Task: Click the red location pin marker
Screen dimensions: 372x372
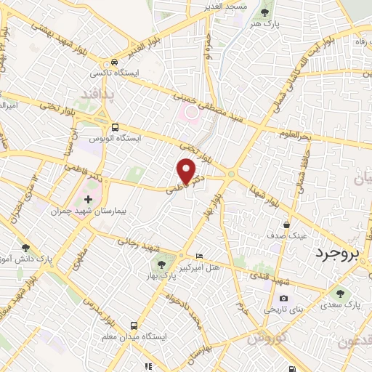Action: [x=187, y=172]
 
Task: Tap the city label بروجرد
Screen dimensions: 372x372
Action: [x=337, y=254]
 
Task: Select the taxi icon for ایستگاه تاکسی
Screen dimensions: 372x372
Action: [x=115, y=62]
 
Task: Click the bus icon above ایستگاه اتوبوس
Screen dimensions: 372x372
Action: [x=115, y=126]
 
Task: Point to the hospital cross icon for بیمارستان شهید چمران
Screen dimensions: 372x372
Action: [x=89, y=199]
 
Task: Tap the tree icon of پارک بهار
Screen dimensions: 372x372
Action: [x=161, y=262]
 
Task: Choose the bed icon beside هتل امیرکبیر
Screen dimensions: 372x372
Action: [x=201, y=256]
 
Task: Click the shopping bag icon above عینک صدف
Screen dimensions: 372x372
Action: [x=287, y=225]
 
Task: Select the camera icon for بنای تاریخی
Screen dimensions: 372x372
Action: [x=283, y=299]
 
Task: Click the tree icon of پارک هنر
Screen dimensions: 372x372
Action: [x=264, y=12]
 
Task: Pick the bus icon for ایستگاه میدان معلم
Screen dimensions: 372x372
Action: [x=134, y=325]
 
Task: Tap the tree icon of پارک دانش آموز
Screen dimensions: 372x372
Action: [x=26, y=248]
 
